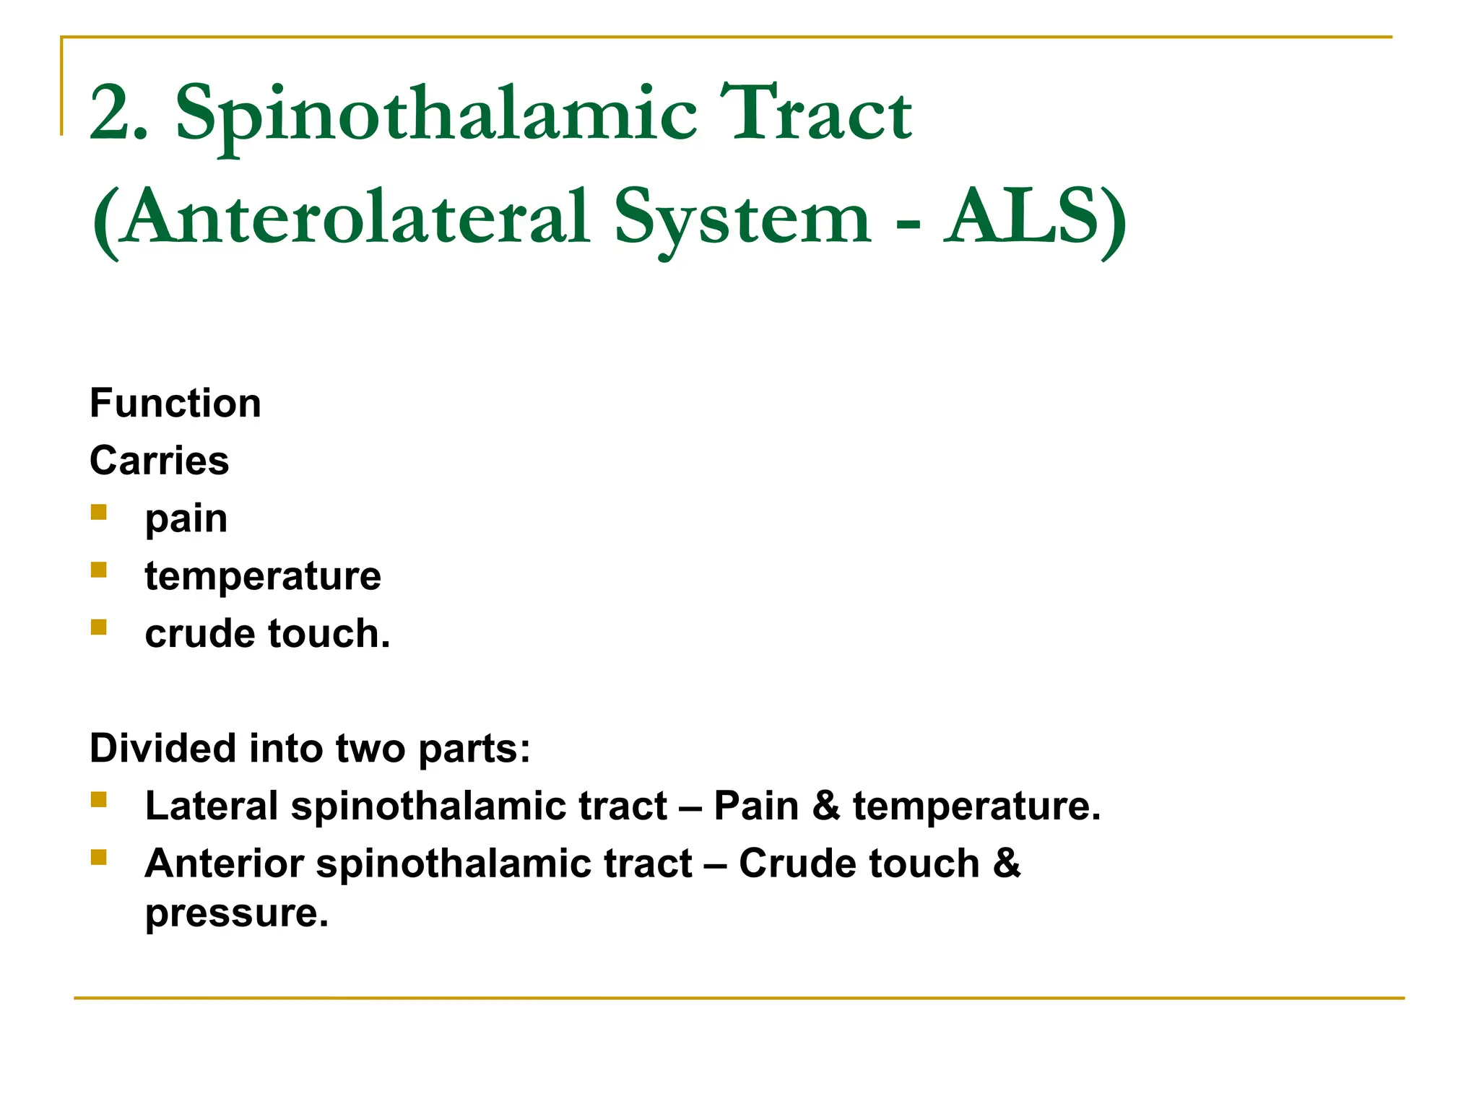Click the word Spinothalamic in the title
[436, 116]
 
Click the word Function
[175, 403]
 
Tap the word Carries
[160, 461]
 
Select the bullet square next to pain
[99, 513]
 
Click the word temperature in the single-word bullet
[263, 576]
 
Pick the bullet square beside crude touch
[99, 627]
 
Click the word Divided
[162, 748]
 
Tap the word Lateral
[211, 806]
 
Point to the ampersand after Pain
[826, 806]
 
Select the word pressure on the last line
[236, 914]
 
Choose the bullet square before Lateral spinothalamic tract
[99, 799]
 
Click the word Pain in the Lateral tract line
[755, 806]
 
